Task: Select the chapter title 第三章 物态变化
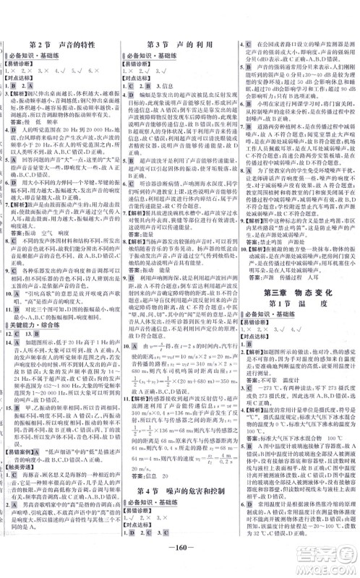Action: pos(296,272)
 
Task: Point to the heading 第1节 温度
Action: pos(296,284)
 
